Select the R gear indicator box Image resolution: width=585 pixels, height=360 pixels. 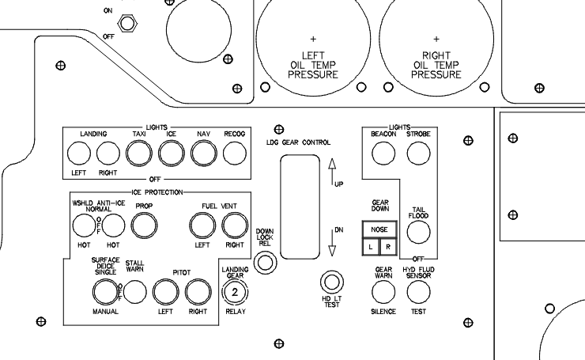(387, 247)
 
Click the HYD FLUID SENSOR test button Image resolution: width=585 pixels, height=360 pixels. (417, 292)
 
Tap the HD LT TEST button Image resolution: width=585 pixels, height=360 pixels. (330, 282)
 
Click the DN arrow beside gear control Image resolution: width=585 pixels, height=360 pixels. (331, 241)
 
